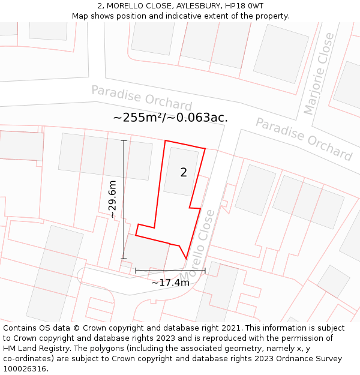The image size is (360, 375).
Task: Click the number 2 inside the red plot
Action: coord(184,173)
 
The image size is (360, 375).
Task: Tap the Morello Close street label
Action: coord(205,234)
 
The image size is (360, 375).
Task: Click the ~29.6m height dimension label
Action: coord(112,199)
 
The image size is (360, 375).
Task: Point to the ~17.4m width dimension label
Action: coord(170,283)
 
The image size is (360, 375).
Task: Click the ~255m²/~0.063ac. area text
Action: coord(170,118)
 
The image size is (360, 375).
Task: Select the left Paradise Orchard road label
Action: coord(142,98)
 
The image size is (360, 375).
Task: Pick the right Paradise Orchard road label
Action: coord(304,139)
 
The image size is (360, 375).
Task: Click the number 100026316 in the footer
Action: coord(25,369)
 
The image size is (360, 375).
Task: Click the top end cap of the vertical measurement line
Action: coord(124,140)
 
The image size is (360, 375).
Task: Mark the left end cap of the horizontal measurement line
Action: coord(136,271)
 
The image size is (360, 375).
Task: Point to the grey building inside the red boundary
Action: coord(181,171)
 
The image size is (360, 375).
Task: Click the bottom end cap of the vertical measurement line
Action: coord(124,259)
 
